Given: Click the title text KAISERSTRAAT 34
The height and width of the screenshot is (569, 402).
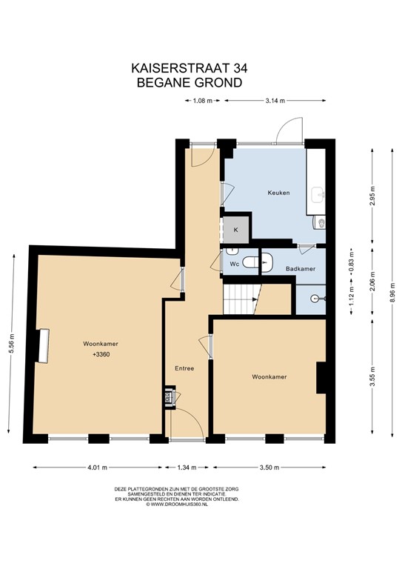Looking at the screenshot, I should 190,67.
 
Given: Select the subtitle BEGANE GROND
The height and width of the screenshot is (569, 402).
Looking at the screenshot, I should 190,82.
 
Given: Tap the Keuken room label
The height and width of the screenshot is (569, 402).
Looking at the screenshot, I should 278,193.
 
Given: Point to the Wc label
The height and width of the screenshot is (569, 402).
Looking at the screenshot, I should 232,264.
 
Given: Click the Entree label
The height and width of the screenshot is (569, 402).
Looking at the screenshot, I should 184,368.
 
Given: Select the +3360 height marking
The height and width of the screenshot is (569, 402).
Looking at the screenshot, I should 101,355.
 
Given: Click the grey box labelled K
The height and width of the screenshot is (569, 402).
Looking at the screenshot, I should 236,230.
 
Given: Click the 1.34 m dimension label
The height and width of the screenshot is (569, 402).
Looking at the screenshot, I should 188,467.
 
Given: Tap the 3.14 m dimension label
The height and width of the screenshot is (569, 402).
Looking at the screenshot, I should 275,101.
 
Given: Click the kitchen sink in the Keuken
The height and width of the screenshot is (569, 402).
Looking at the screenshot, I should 319,194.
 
